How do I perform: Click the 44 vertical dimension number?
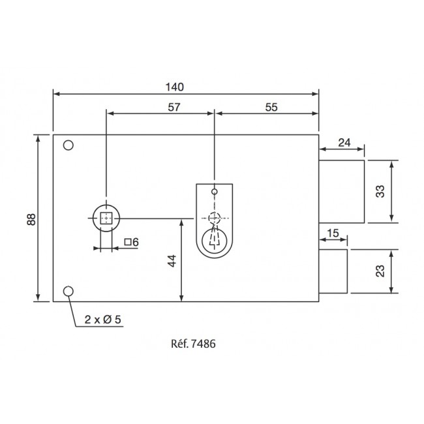(172, 260)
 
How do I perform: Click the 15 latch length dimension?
(332, 233)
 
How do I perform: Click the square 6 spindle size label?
(131, 242)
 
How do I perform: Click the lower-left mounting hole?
(68, 291)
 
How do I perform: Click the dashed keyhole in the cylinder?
(214, 240)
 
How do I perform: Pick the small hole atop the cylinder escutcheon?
(214, 192)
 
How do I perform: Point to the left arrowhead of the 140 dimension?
(56, 94)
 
